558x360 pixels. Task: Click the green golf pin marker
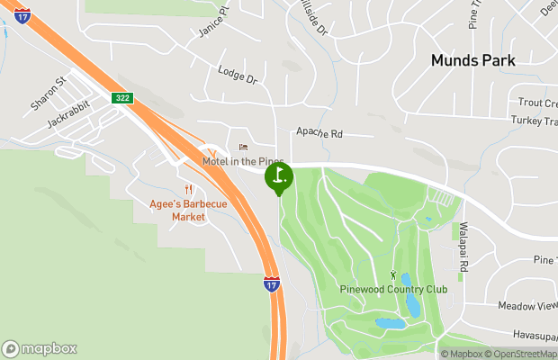(x=279, y=176)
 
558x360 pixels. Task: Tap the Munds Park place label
(x=472, y=60)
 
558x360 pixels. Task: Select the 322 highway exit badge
(x=123, y=96)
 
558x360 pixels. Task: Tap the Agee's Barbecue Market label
(x=188, y=211)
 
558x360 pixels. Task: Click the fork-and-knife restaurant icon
(x=188, y=190)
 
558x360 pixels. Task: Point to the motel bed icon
(x=241, y=147)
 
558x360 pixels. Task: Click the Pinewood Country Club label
(x=393, y=289)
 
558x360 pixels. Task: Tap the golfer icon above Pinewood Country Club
(x=392, y=273)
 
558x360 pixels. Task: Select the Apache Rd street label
(x=320, y=133)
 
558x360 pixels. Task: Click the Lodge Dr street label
(x=238, y=76)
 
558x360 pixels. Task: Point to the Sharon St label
(x=49, y=94)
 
